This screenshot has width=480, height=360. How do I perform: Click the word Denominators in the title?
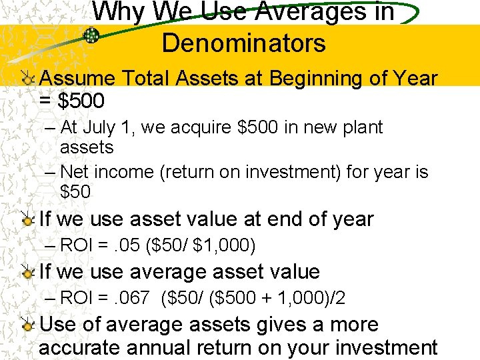[x=243, y=43]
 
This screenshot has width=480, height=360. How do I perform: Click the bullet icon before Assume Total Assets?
[x=27, y=79]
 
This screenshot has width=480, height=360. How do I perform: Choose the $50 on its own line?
[x=75, y=192]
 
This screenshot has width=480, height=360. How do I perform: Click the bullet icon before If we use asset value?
[x=27, y=219]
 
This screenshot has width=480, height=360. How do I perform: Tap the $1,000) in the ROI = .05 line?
[x=224, y=245]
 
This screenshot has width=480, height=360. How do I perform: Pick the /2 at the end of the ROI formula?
[x=338, y=298]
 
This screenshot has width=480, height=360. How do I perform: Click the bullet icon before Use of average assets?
[x=27, y=325]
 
